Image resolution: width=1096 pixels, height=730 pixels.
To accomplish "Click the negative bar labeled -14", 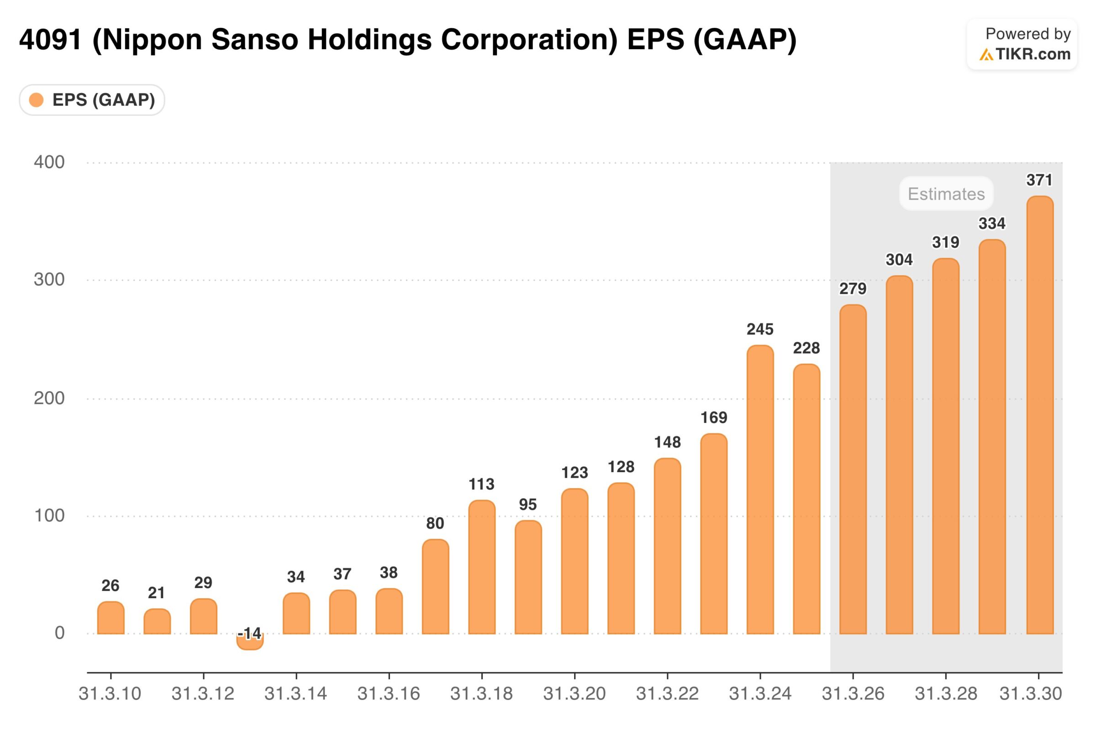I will point(250,642).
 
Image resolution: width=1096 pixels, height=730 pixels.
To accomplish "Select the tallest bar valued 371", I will point(1040,414).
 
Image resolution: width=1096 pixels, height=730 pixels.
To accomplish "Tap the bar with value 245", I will point(760,489).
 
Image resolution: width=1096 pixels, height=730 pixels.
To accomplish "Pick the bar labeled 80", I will point(435,587).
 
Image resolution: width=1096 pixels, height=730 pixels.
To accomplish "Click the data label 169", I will point(713,417).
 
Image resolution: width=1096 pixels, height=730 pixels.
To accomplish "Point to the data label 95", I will point(528,504).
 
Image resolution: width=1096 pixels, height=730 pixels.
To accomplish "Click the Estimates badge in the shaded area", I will point(946,193).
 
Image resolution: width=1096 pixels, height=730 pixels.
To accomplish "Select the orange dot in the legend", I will point(37,99).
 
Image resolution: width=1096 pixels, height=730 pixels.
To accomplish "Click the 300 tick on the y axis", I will point(49,279).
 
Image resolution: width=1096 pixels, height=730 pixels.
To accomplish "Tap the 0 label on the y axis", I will point(59,633).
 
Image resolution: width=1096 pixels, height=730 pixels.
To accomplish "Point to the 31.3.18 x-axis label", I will point(481,693).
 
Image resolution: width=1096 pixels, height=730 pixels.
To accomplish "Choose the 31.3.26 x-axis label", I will point(853,693).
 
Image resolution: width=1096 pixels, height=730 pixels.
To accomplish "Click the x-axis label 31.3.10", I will point(110,693).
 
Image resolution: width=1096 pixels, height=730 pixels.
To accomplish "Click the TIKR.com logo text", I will point(1033,54).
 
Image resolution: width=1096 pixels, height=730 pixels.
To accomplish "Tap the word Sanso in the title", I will point(254,40).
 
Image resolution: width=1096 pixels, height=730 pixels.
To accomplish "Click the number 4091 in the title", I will point(50,40).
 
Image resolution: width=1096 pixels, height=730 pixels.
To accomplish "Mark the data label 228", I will point(806,348).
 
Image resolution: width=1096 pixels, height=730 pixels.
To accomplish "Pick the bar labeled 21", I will point(157,621).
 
